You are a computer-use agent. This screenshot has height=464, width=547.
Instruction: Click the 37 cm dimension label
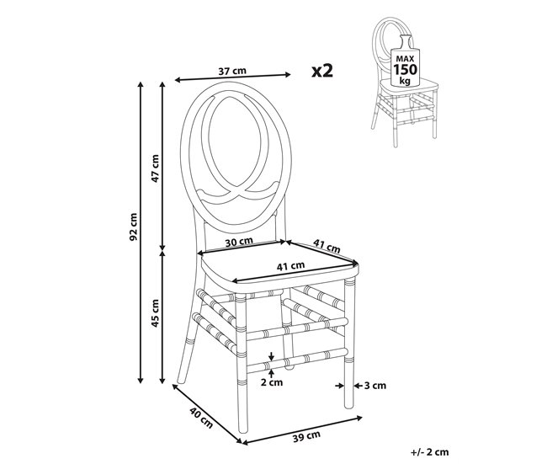point(232,71)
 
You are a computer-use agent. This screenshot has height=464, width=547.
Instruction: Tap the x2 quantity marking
point(322,71)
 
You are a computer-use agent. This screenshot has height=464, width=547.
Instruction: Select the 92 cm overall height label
point(134,227)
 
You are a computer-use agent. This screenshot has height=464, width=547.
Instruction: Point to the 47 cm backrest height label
point(155,168)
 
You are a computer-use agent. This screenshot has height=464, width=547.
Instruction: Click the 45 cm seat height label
point(155,312)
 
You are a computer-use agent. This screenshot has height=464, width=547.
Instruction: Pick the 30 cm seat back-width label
point(239,242)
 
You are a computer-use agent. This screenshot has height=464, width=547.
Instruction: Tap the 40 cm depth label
point(201,417)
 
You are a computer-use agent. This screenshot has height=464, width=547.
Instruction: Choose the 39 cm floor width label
point(306,436)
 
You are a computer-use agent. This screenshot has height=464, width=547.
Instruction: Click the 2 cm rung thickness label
point(272,382)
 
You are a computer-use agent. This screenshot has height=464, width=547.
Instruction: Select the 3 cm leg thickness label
point(375,386)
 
